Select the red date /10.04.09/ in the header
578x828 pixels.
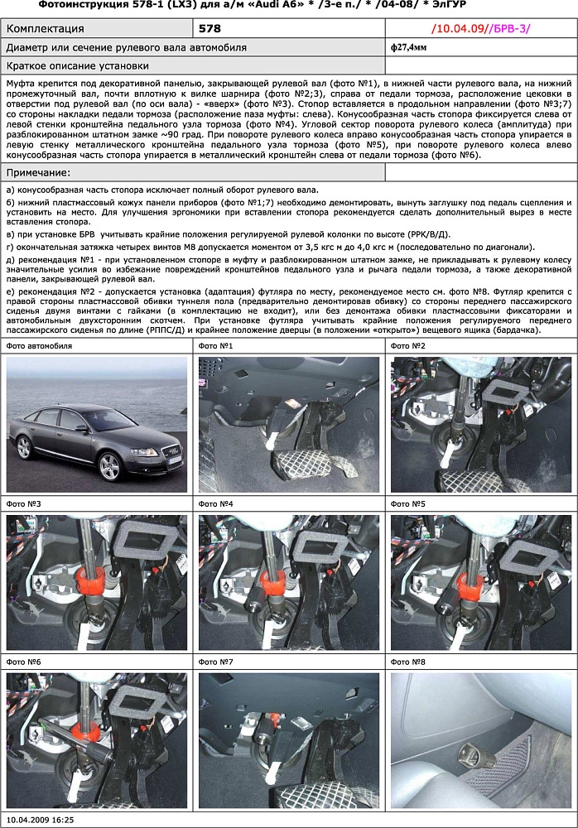(460, 28)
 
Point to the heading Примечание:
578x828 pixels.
(38, 172)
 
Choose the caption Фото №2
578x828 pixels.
(407, 345)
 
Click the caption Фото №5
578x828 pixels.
(407, 503)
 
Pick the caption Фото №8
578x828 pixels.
(407, 662)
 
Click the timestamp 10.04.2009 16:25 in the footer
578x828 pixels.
(40, 820)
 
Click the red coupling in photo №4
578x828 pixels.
(278, 582)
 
